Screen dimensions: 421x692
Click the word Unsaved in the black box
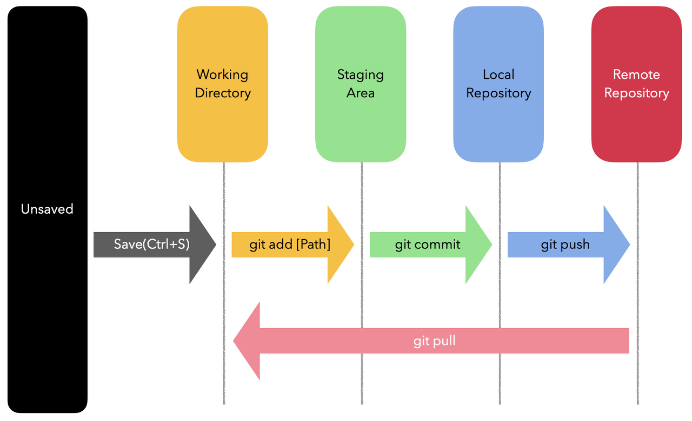coord(47,209)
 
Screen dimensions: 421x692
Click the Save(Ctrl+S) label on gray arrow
coord(151,245)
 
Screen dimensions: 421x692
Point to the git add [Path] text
coord(290,245)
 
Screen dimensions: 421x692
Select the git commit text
coord(428,245)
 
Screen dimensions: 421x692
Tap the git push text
coord(565,245)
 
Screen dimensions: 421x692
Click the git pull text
coord(434,341)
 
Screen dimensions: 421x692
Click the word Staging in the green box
coord(361,75)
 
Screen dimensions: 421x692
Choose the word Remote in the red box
coord(636,74)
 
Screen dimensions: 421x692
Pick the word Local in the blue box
coord(498,74)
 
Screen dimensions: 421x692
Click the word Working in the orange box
coord(222,75)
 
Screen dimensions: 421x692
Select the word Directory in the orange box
coord(223,93)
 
